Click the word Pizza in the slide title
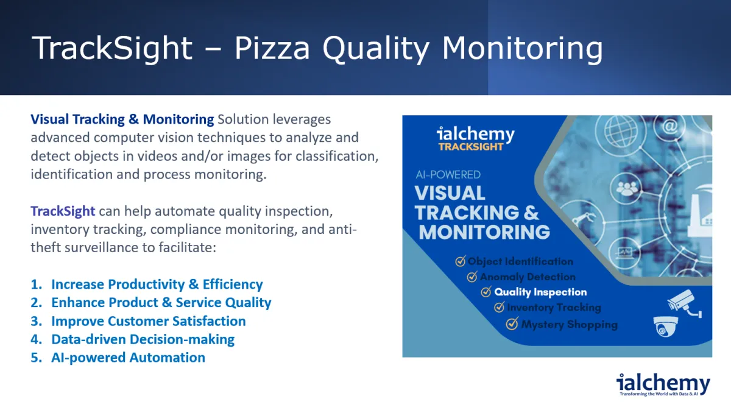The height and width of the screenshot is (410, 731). (272, 48)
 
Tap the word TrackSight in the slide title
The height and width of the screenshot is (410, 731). (112, 48)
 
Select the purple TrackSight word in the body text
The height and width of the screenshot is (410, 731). (63, 211)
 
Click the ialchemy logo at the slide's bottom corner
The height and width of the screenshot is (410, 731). (663, 384)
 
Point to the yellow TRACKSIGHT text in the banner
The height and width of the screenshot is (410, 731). (470, 147)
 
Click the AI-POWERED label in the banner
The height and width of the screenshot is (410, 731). (448, 175)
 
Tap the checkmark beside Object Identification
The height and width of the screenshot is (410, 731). (460, 261)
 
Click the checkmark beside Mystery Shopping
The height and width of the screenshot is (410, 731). (512, 324)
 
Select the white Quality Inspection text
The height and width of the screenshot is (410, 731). (540, 292)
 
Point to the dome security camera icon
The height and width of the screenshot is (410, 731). (665, 327)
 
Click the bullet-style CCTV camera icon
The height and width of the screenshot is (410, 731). (683, 303)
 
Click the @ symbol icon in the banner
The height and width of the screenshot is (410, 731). (669, 126)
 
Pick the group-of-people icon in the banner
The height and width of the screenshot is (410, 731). (627, 188)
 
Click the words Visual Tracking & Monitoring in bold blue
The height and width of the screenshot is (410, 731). (122, 119)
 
